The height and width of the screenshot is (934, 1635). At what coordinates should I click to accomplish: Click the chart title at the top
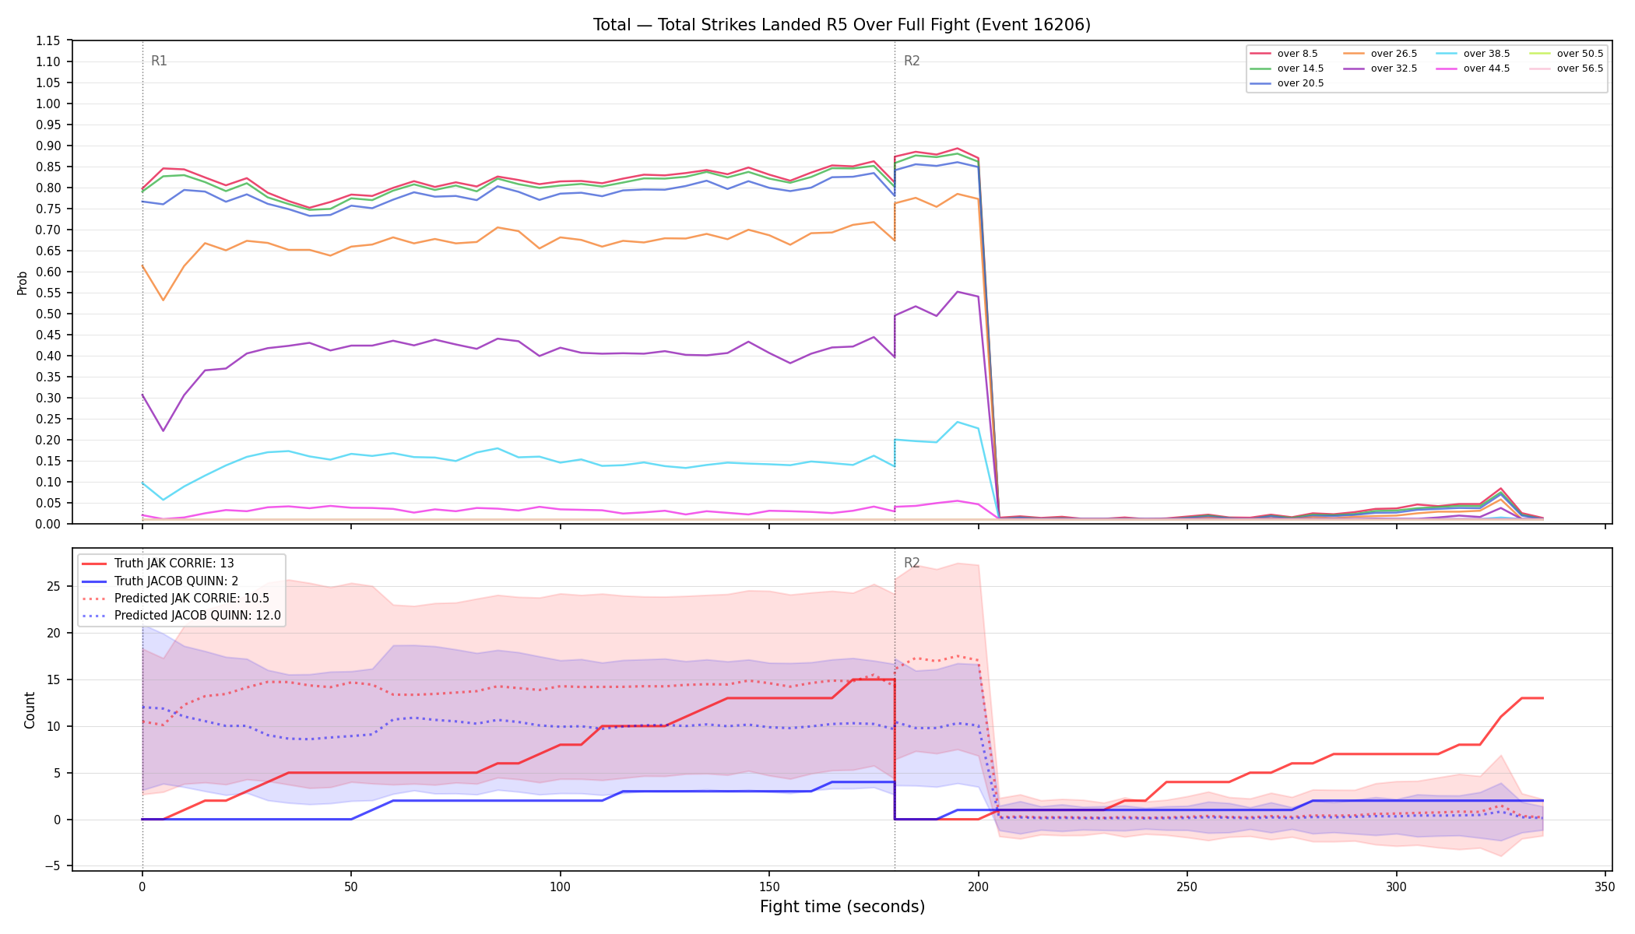click(x=842, y=25)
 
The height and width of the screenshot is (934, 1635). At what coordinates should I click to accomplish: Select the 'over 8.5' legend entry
click(x=1284, y=54)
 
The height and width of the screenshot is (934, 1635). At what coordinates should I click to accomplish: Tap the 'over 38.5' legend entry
click(x=1472, y=54)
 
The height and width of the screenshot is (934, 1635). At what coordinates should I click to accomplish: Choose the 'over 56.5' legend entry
click(x=1566, y=68)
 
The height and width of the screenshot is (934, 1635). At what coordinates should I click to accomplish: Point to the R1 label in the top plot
click(x=159, y=61)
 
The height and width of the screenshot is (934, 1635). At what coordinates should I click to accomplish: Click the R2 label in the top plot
click(x=912, y=61)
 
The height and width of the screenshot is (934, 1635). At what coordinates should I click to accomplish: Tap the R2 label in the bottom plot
click(x=912, y=563)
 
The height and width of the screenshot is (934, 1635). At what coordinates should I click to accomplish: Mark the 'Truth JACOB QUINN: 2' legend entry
click(x=160, y=581)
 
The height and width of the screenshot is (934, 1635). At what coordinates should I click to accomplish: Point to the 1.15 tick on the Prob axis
click(x=48, y=40)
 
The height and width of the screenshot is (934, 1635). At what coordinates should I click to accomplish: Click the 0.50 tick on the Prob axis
click(x=48, y=314)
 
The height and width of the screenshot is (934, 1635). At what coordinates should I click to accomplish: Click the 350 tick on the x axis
click(x=1605, y=887)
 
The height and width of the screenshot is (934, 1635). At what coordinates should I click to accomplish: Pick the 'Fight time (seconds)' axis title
click(x=842, y=907)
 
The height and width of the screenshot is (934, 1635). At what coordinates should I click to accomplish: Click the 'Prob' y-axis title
click(x=23, y=283)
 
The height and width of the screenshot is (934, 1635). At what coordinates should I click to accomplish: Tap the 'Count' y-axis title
click(x=30, y=710)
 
